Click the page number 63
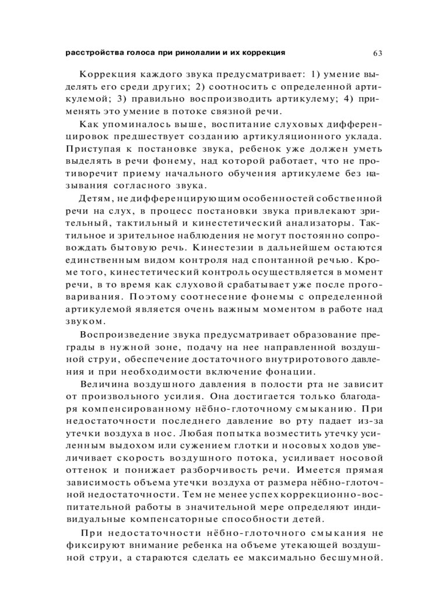coord(377,54)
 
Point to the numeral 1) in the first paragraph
coord(315,75)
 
